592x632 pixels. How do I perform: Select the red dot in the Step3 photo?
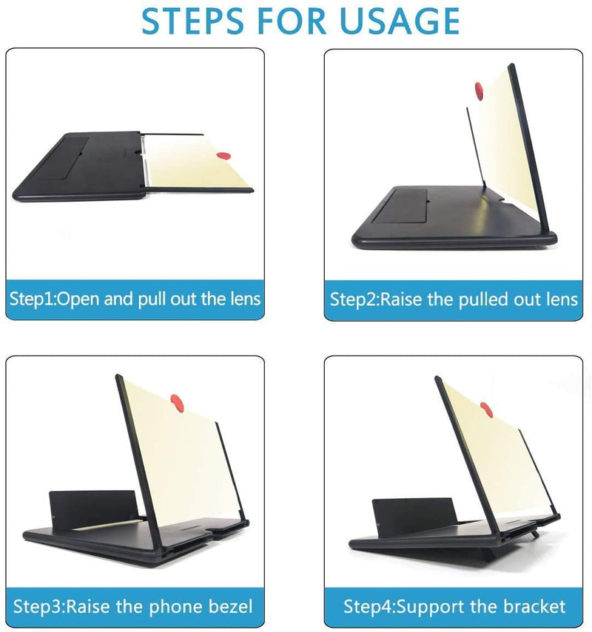pos(178,401)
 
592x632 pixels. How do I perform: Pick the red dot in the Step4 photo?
pos(486,408)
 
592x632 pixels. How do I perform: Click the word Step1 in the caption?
pos(32,299)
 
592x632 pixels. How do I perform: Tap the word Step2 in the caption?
pos(353,299)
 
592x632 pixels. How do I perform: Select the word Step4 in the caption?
pos(367,608)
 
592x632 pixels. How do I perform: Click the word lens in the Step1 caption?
pos(242,299)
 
